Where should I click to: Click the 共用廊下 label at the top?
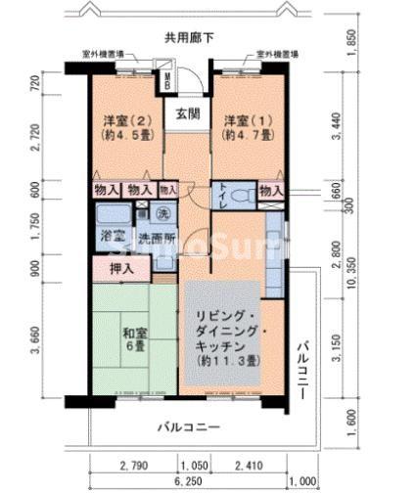point(190,37)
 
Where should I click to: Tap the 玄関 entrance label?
point(188,113)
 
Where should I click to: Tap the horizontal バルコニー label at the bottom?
point(190,427)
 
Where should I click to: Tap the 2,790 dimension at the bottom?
point(134,466)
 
